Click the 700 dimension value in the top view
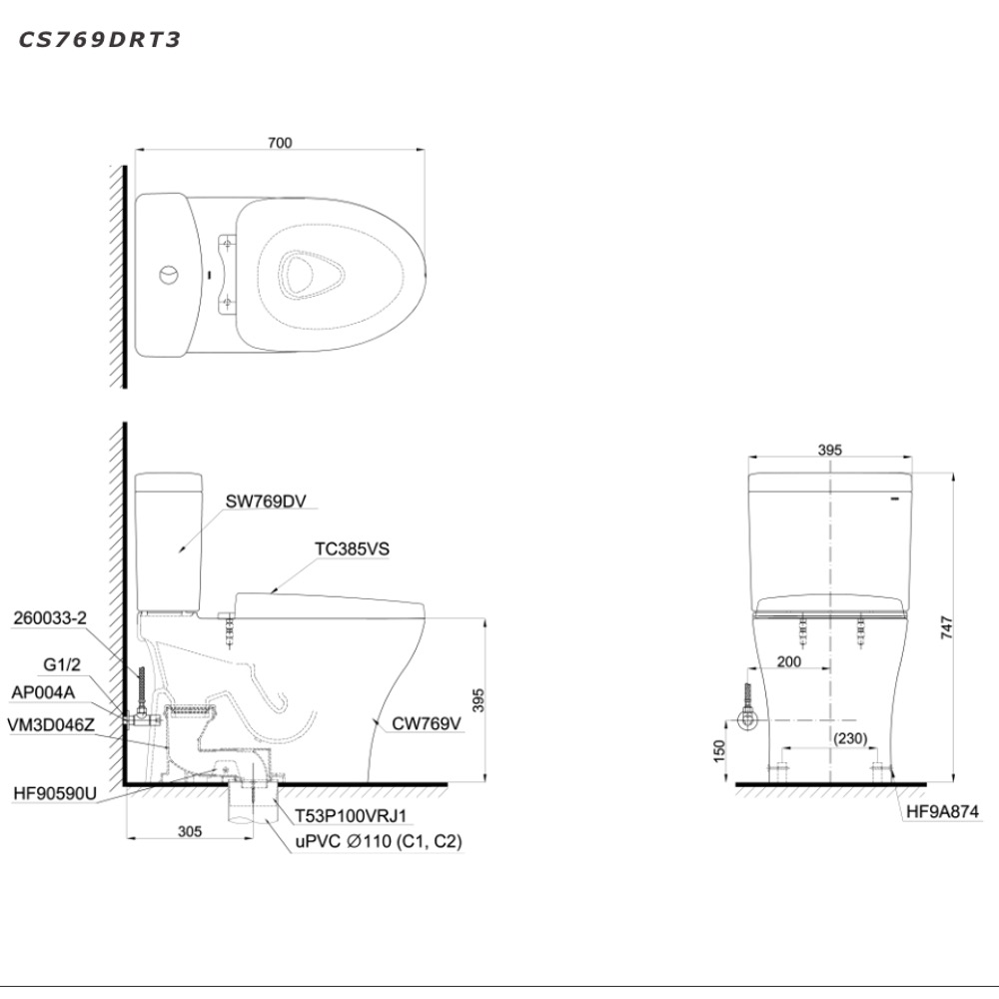[280, 143]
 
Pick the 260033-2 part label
[51, 618]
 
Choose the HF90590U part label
[55, 795]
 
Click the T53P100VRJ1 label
[349, 815]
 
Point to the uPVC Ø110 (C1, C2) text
[378, 842]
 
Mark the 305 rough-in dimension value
[190, 831]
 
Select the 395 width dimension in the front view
[829, 451]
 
